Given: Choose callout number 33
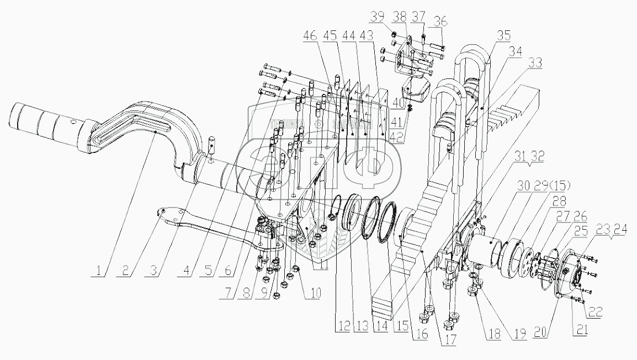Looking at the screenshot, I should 533,63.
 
